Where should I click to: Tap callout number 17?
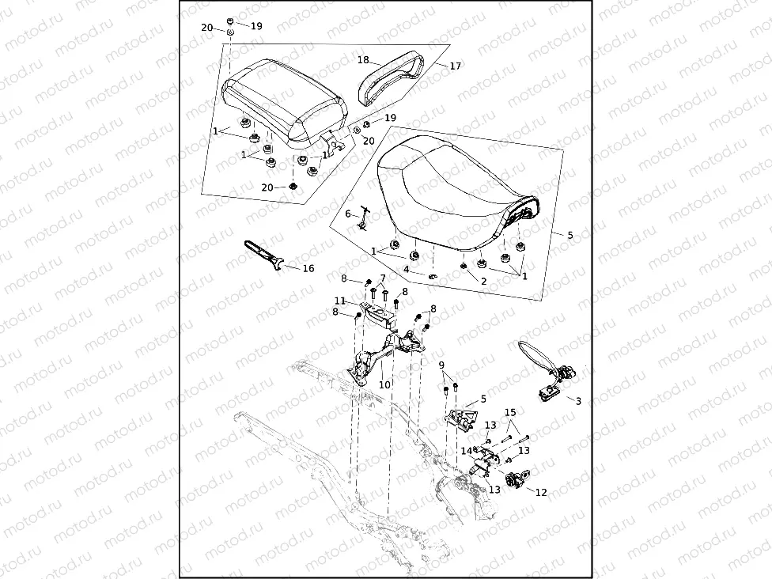tap(455, 66)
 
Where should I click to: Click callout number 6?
tap(347, 214)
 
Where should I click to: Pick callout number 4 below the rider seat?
tap(407, 270)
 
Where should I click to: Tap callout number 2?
tap(483, 281)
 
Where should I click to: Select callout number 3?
tap(578, 401)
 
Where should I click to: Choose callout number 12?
tap(541, 493)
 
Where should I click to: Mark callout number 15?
tap(510, 412)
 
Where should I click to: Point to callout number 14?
tap(467, 450)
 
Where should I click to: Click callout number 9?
tap(441, 365)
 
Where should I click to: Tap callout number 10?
tap(385, 385)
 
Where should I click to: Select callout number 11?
tap(339, 301)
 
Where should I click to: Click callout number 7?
tap(382, 278)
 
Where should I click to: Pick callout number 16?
tap(308, 269)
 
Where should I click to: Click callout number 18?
tap(363, 59)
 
